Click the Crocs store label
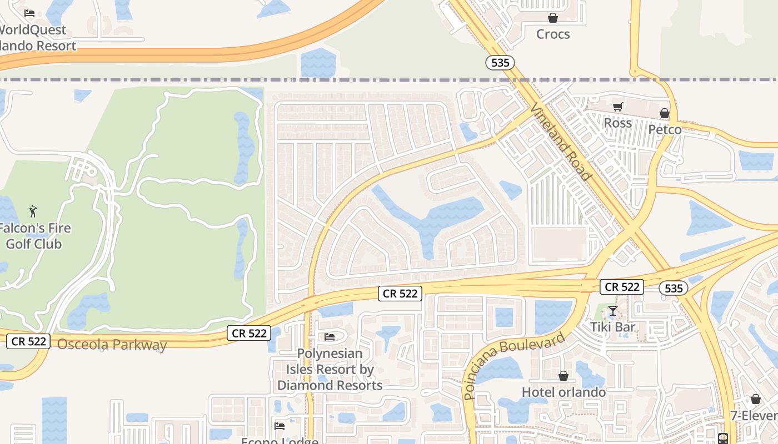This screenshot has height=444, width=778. [553, 34]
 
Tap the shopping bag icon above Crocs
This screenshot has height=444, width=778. [553, 18]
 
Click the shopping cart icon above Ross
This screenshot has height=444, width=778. [617, 107]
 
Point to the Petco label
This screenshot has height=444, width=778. [665, 130]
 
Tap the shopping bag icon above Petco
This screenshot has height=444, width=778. [665, 114]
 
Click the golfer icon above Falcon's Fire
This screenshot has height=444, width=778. [33, 211]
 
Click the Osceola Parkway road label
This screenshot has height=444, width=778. [112, 345]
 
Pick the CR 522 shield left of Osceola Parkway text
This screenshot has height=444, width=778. [28, 341]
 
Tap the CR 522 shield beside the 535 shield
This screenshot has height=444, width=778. [622, 287]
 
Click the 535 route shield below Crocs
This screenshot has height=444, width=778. [500, 63]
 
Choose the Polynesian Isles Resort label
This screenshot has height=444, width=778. [330, 369]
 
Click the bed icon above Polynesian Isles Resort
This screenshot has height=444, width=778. [330, 337]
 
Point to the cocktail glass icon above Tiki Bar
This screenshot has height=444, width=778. [612, 311]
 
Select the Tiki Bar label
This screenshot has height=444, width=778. [612, 327]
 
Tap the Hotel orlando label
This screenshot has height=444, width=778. [563, 392]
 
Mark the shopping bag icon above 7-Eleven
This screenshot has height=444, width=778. [755, 399]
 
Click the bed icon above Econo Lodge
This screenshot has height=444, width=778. [280, 426]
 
